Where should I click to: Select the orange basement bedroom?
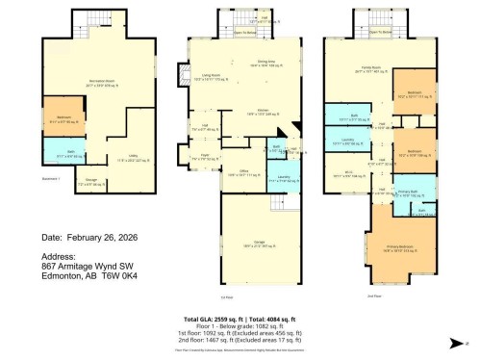click(60, 121)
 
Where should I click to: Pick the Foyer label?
click(206, 155)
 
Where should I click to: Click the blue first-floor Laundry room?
click(284, 179)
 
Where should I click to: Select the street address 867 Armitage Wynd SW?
click(95, 266)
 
